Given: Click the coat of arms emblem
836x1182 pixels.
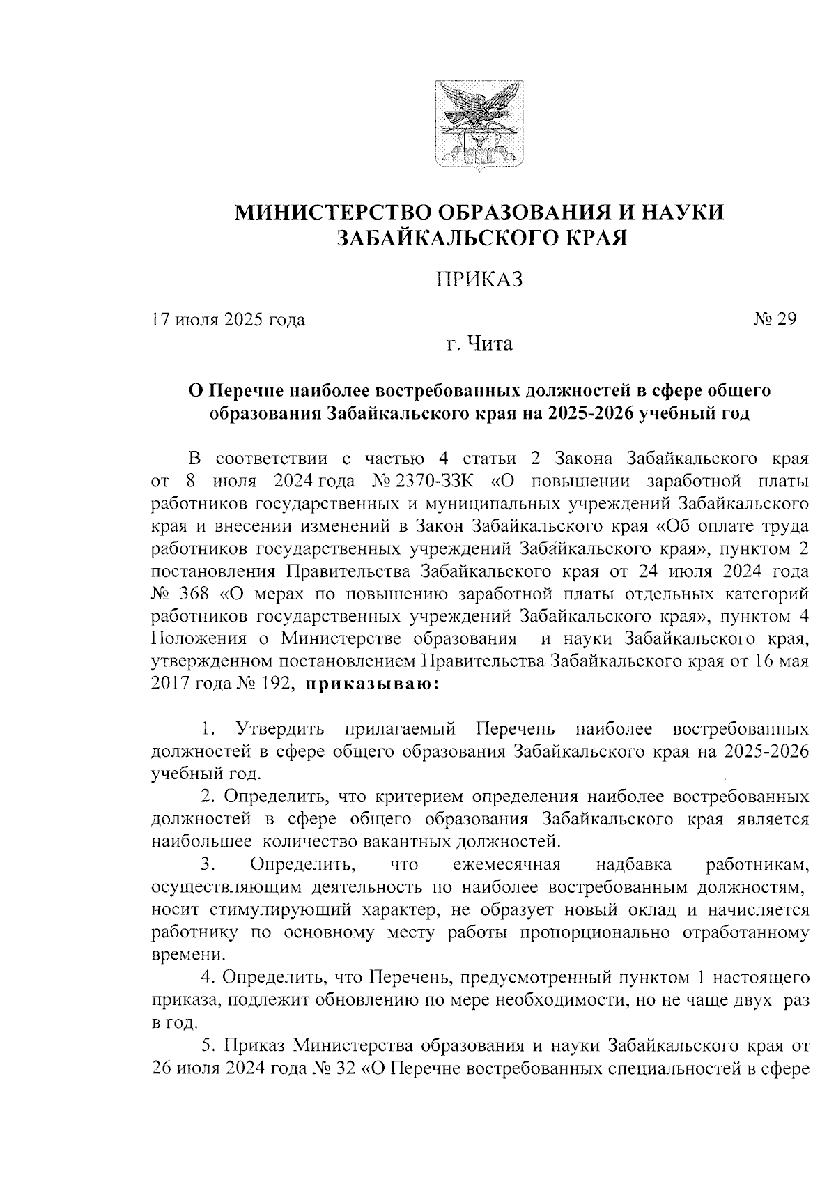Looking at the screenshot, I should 479,125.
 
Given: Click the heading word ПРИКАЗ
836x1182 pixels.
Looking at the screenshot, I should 479,279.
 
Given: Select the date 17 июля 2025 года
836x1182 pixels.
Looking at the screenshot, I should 229,320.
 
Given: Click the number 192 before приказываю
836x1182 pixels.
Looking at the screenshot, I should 274,684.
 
